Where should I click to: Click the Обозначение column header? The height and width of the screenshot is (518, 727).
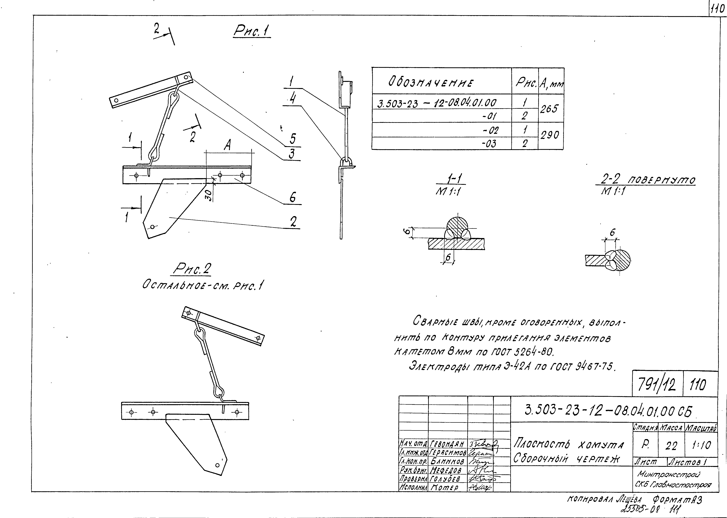coord(431,83)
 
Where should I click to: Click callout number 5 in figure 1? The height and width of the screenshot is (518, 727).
coord(292,138)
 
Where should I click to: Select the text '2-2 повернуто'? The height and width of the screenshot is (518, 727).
coord(648,181)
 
